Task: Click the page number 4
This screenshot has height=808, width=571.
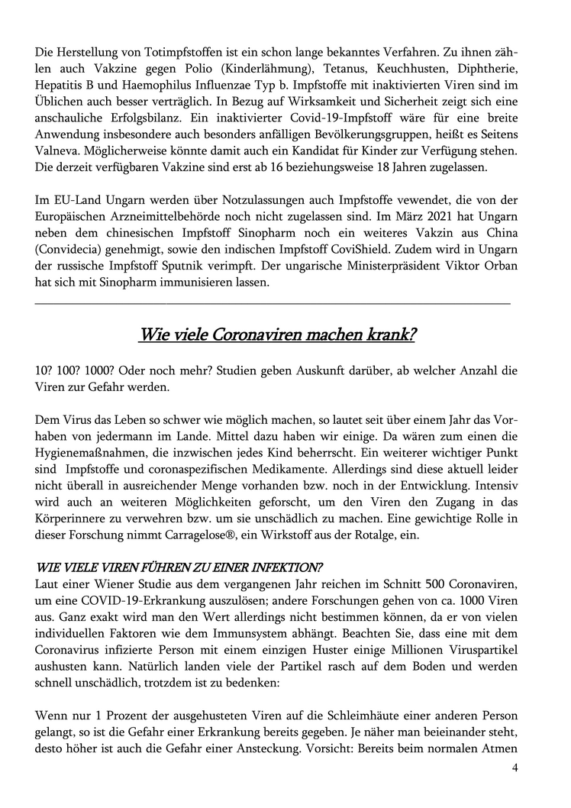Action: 515,768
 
